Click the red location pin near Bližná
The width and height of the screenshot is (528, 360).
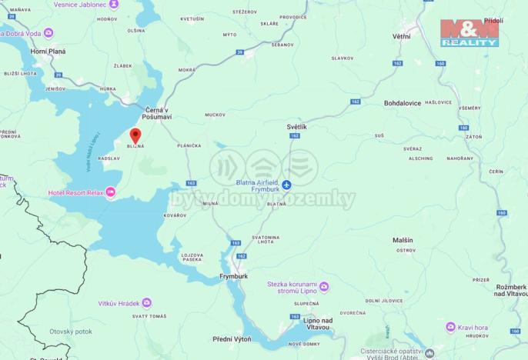click(135, 136)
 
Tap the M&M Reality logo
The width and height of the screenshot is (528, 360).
click(469, 32)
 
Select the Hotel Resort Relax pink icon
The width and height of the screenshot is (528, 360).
click(110, 192)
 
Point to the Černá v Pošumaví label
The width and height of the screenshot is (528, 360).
click(158, 112)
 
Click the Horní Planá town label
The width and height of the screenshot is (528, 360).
click(48, 52)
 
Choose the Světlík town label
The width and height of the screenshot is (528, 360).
click(296, 126)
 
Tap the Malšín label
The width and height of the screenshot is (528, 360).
click(405, 240)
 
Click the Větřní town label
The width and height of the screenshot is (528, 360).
click(401, 36)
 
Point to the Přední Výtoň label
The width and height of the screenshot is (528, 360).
click(233, 338)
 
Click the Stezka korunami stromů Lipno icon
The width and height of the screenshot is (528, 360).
click(324, 287)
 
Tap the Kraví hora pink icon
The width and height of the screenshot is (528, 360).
click(451, 327)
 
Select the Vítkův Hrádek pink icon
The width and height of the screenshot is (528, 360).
click(147, 303)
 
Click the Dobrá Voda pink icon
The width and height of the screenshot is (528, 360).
click(48, 33)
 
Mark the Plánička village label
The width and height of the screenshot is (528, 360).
click(189, 145)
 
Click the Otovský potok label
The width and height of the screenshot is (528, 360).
click(71, 332)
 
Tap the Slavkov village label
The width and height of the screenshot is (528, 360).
click(342, 58)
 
